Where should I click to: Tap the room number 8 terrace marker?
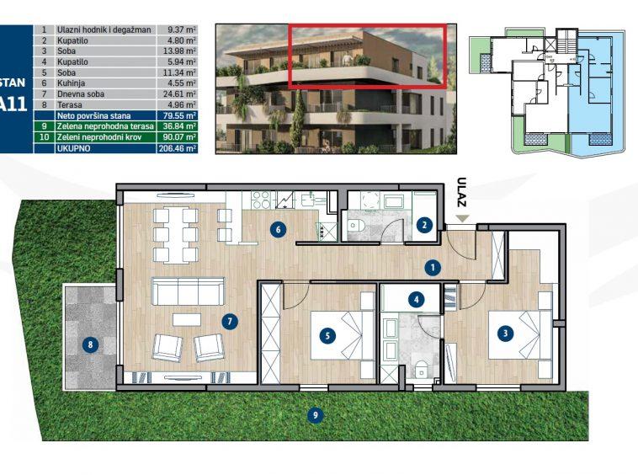coord(90,344)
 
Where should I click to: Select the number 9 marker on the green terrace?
coord(314,414)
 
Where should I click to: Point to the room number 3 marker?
coord(504,334)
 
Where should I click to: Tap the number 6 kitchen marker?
coord(274,228)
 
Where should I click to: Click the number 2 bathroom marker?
coord(424,224)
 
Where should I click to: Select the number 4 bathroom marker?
coord(416,298)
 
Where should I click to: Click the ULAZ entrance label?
coord(460,191)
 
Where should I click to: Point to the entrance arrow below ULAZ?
coord(461,219)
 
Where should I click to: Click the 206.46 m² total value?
coord(178,147)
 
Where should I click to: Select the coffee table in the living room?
coord(188,318)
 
